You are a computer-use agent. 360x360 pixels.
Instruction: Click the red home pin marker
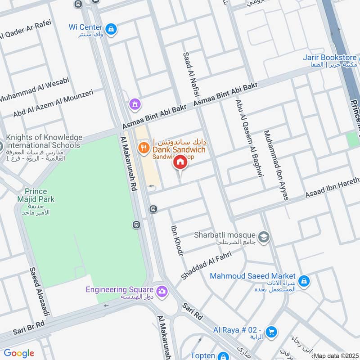point(180,162)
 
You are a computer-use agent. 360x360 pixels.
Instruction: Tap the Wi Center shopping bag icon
point(112,30)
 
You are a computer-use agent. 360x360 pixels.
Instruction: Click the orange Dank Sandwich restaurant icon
point(144,147)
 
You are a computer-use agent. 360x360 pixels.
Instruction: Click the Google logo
point(19,353)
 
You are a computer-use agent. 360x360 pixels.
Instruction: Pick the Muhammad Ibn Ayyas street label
point(276,165)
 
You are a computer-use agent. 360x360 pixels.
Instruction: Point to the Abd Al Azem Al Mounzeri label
point(53,103)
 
